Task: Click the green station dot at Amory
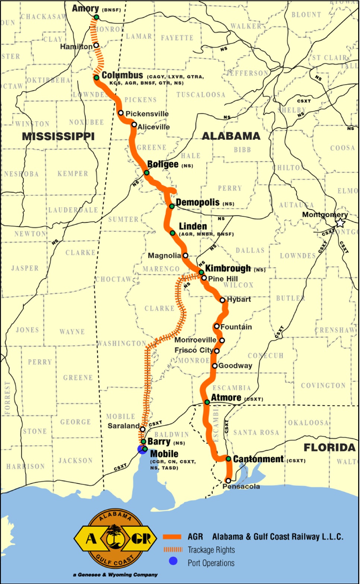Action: click(x=96, y=17)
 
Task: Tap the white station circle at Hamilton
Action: click(x=96, y=45)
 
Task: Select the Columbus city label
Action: click(x=122, y=75)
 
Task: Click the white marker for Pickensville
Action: click(x=121, y=113)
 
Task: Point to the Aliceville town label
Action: click(x=154, y=127)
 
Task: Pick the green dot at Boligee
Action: click(x=147, y=173)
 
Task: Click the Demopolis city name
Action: click(x=198, y=202)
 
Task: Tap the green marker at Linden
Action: click(x=173, y=233)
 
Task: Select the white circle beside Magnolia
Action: click(x=185, y=255)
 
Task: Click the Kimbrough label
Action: click(x=228, y=268)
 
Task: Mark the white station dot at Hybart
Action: click(x=222, y=300)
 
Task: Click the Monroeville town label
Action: click(x=195, y=340)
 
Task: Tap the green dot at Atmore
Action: click(x=207, y=402)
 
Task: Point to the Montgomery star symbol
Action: click(x=340, y=223)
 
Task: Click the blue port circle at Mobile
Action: click(x=142, y=449)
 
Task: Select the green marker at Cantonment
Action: click(x=228, y=459)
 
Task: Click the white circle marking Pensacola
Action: click(x=228, y=481)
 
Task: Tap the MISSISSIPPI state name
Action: click(x=58, y=136)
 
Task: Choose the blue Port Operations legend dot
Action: click(x=173, y=561)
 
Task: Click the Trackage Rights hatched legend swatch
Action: click(x=173, y=549)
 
